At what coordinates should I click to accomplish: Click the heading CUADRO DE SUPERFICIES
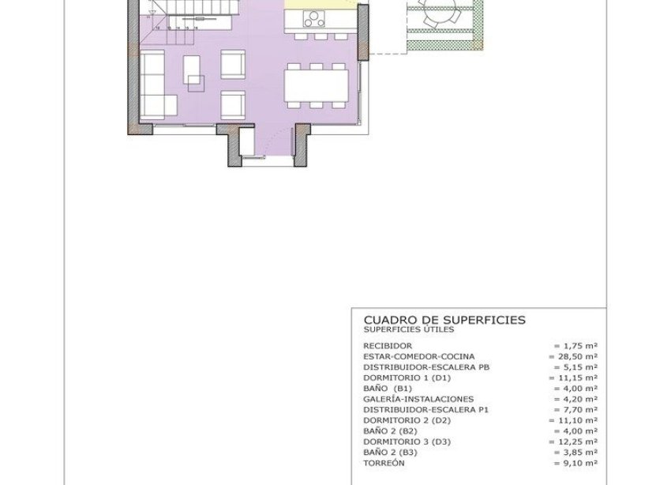[x=444, y=320]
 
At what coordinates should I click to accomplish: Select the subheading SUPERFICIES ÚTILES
[x=408, y=329]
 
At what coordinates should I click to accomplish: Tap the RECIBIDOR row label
[x=388, y=346]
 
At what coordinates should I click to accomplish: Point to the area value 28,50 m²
[x=573, y=357]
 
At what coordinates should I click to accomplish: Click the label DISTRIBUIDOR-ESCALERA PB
[x=426, y=367]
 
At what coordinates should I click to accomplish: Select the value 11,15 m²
[x=573, y=378]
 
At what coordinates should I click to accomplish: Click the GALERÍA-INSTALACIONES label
[x=418, y=400]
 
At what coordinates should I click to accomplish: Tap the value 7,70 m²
[x=575, y=410]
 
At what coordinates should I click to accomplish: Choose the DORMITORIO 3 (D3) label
[x=408, y=442]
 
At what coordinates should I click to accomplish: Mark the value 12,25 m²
[x=573, y=442]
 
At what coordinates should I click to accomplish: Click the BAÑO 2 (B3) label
[x=390, y=453]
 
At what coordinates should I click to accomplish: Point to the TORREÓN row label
[x=384, y=464]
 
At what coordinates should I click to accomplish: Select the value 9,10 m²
[x=575, y=464]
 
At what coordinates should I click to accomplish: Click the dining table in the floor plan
[x=316, y=85]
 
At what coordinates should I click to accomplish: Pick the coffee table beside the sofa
[x=194, y=70]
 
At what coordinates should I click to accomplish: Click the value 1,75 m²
[x=575, y=346]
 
